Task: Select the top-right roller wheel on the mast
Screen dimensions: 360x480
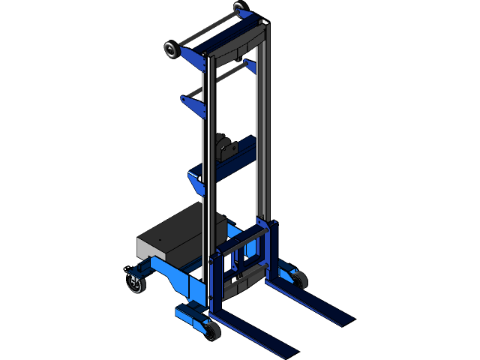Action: click(x=238, y=7)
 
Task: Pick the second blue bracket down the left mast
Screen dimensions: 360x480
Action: click(x=193, y=104)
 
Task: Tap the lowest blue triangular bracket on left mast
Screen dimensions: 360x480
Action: click(x=195, y=182)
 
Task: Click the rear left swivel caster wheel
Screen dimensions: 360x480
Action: click(x=136, y=284)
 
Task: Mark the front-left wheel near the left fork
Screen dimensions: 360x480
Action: click(x=211, y=331)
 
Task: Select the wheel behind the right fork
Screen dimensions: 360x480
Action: click(x=299, y=280)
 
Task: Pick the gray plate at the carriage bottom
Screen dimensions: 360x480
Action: click(x=244, y=284)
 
